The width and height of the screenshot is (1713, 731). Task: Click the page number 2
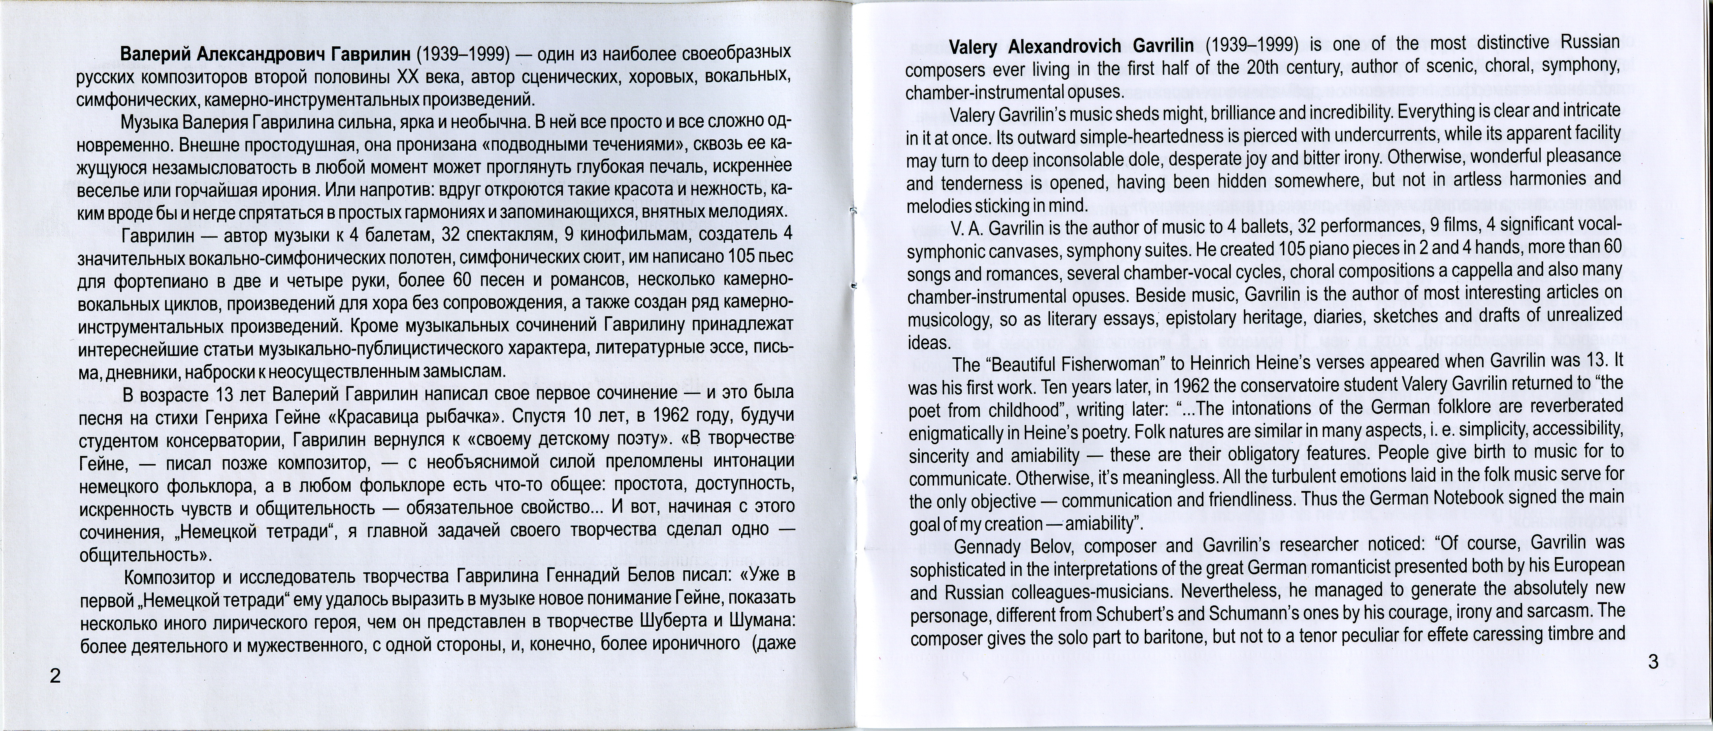[55, 677]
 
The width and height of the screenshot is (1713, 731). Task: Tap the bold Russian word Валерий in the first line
[154, 53]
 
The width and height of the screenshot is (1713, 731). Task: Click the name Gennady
[991, 547]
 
